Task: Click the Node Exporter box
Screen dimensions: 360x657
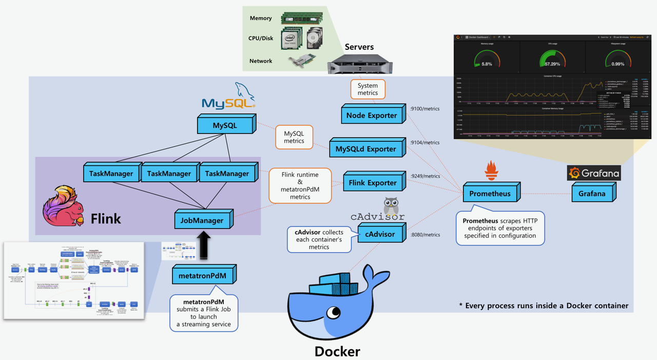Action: point(371,116)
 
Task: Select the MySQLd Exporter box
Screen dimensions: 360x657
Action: point(365,149)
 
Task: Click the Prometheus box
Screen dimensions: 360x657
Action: point(490,194)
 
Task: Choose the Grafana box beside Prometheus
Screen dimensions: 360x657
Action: point(592,194)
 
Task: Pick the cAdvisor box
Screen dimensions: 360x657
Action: point(380,234)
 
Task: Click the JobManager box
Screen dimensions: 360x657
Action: point(202,220)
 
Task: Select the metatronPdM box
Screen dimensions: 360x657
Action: point(202,275)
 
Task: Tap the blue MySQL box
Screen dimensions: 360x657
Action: point(225,125)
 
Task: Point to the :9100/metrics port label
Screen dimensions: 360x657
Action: point(425,109)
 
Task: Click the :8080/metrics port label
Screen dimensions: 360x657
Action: point(426,235)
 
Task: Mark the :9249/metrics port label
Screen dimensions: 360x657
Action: point(426,176)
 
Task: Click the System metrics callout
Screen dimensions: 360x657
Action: point(368,89)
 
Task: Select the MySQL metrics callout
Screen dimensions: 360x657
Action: point(294,138)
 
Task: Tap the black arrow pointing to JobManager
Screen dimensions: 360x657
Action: point(204,245)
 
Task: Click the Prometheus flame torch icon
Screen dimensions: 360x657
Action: point(491,170)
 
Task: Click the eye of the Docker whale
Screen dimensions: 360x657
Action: point(335,311)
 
